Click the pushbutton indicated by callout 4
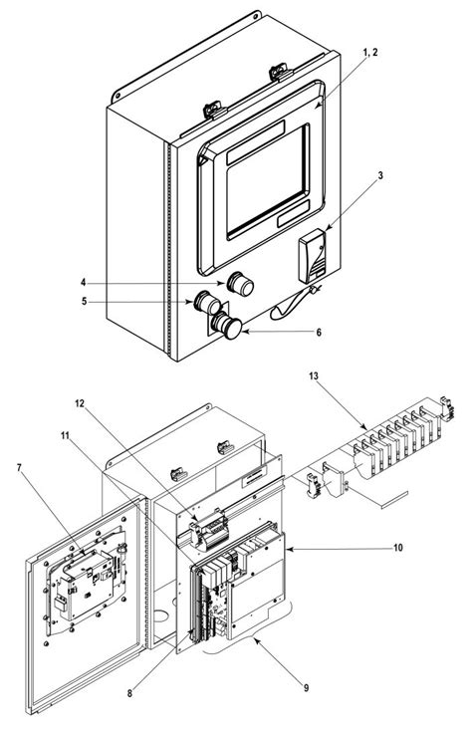point(240,284)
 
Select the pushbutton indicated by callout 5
point(208,301)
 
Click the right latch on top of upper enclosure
point(276,72)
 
